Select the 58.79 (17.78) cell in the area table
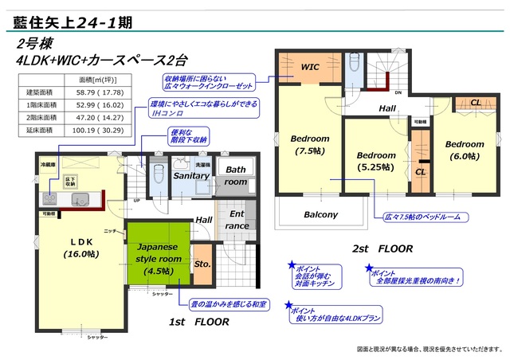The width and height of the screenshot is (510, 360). click(99, 92)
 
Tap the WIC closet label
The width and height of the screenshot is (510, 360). click(310, 68)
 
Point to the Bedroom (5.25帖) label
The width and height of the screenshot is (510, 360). click(375, 161)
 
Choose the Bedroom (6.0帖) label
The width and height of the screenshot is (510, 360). click(464, 151)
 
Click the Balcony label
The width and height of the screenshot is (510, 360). click(321, 214)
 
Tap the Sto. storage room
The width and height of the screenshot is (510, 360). click(202, 264)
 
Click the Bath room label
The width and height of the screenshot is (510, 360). click(235, 175)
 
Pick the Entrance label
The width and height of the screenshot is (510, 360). click(237, 220)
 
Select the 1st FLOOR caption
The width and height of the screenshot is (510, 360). click(200, 323)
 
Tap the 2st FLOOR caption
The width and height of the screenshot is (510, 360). click(382, 248)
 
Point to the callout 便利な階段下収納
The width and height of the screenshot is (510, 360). click(189, 136)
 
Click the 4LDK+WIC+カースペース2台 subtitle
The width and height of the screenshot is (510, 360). click(99, 60)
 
